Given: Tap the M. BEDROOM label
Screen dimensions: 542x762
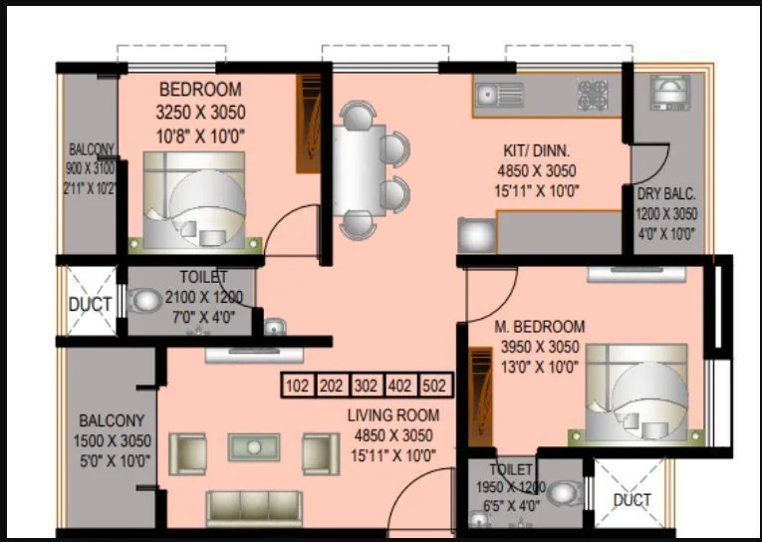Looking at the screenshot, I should [x=540, y=327].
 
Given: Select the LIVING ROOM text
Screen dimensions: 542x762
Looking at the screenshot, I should [x=393, y=415].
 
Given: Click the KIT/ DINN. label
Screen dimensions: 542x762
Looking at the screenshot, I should [x=536, y=150].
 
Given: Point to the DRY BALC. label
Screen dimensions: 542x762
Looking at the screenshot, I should [x=666, y=194].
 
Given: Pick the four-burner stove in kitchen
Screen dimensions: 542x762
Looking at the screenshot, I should [x=593, y=94].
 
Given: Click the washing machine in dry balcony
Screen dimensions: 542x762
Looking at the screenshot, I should [x=666, y=93].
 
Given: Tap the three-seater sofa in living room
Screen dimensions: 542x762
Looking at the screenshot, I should [x=254, y=507].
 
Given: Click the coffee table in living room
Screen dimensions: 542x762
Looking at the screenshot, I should [x=254, y=447].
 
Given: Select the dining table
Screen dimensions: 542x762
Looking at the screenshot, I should [x=358, y=173].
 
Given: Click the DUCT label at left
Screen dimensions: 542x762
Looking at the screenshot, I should [x=90, y=305].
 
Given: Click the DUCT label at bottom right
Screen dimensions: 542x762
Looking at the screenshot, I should [x=632, y=499].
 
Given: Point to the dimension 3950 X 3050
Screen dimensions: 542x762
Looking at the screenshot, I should [x=539, y=347].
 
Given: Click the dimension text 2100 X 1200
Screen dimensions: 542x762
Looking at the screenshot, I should [x=203, y=296].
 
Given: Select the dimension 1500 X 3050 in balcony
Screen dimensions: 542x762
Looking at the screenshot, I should [x=112, y=441].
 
